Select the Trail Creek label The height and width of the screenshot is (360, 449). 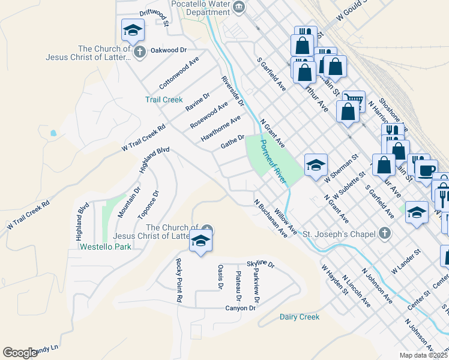tap(163, 100)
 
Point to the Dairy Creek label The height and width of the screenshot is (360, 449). tap(300, 317)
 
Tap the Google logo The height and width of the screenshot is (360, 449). tap(20, 353)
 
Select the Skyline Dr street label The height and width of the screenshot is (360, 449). tap(260, 265)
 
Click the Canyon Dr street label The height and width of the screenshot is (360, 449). tap(241, 308)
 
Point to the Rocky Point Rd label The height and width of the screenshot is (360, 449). tap(179, 280)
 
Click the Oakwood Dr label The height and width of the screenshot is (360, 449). tap(169, 50)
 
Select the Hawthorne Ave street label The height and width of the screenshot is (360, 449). tap(220, 129)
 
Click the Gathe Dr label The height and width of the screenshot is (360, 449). tap(232, 142)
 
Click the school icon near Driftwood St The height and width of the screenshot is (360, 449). tap(133, 29)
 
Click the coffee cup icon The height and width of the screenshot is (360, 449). tap(426, 170)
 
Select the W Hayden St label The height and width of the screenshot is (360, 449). tap(334, 280)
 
